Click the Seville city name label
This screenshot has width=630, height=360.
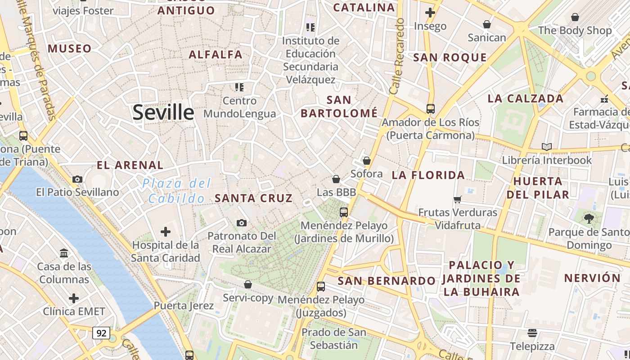[x=163, y=112]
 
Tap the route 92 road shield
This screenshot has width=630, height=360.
[x=101, y=333]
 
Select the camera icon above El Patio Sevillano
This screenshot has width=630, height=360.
[x=77, y=179]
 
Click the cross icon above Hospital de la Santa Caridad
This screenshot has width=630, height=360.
[x=166, y=232]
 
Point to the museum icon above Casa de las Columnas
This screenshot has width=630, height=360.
[x=64, y=253]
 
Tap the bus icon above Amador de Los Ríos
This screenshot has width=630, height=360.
[x=431, y=108]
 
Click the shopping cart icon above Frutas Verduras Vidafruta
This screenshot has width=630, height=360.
[x=458, y=199]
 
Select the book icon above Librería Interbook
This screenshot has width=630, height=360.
[x=547, y=147]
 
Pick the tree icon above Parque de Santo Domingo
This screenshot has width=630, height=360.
[x=589, y=219]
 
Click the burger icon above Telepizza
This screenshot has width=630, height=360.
[x=532, y=333]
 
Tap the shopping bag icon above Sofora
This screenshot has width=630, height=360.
[x=367, y=161]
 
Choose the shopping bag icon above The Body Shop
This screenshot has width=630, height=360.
[x=575, y=17]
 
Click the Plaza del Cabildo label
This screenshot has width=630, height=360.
[x=176, y=191]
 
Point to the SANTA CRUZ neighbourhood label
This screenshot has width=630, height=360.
[x=254, y=198]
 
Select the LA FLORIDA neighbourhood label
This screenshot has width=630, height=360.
[x=428, y=175]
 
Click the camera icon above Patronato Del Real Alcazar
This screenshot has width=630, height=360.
[x=242, y=223]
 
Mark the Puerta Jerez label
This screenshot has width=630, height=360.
[x=184, y=306]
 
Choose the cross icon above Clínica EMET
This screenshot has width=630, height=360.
[x=74, y=298]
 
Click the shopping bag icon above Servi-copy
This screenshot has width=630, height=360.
[x=248, y=284]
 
